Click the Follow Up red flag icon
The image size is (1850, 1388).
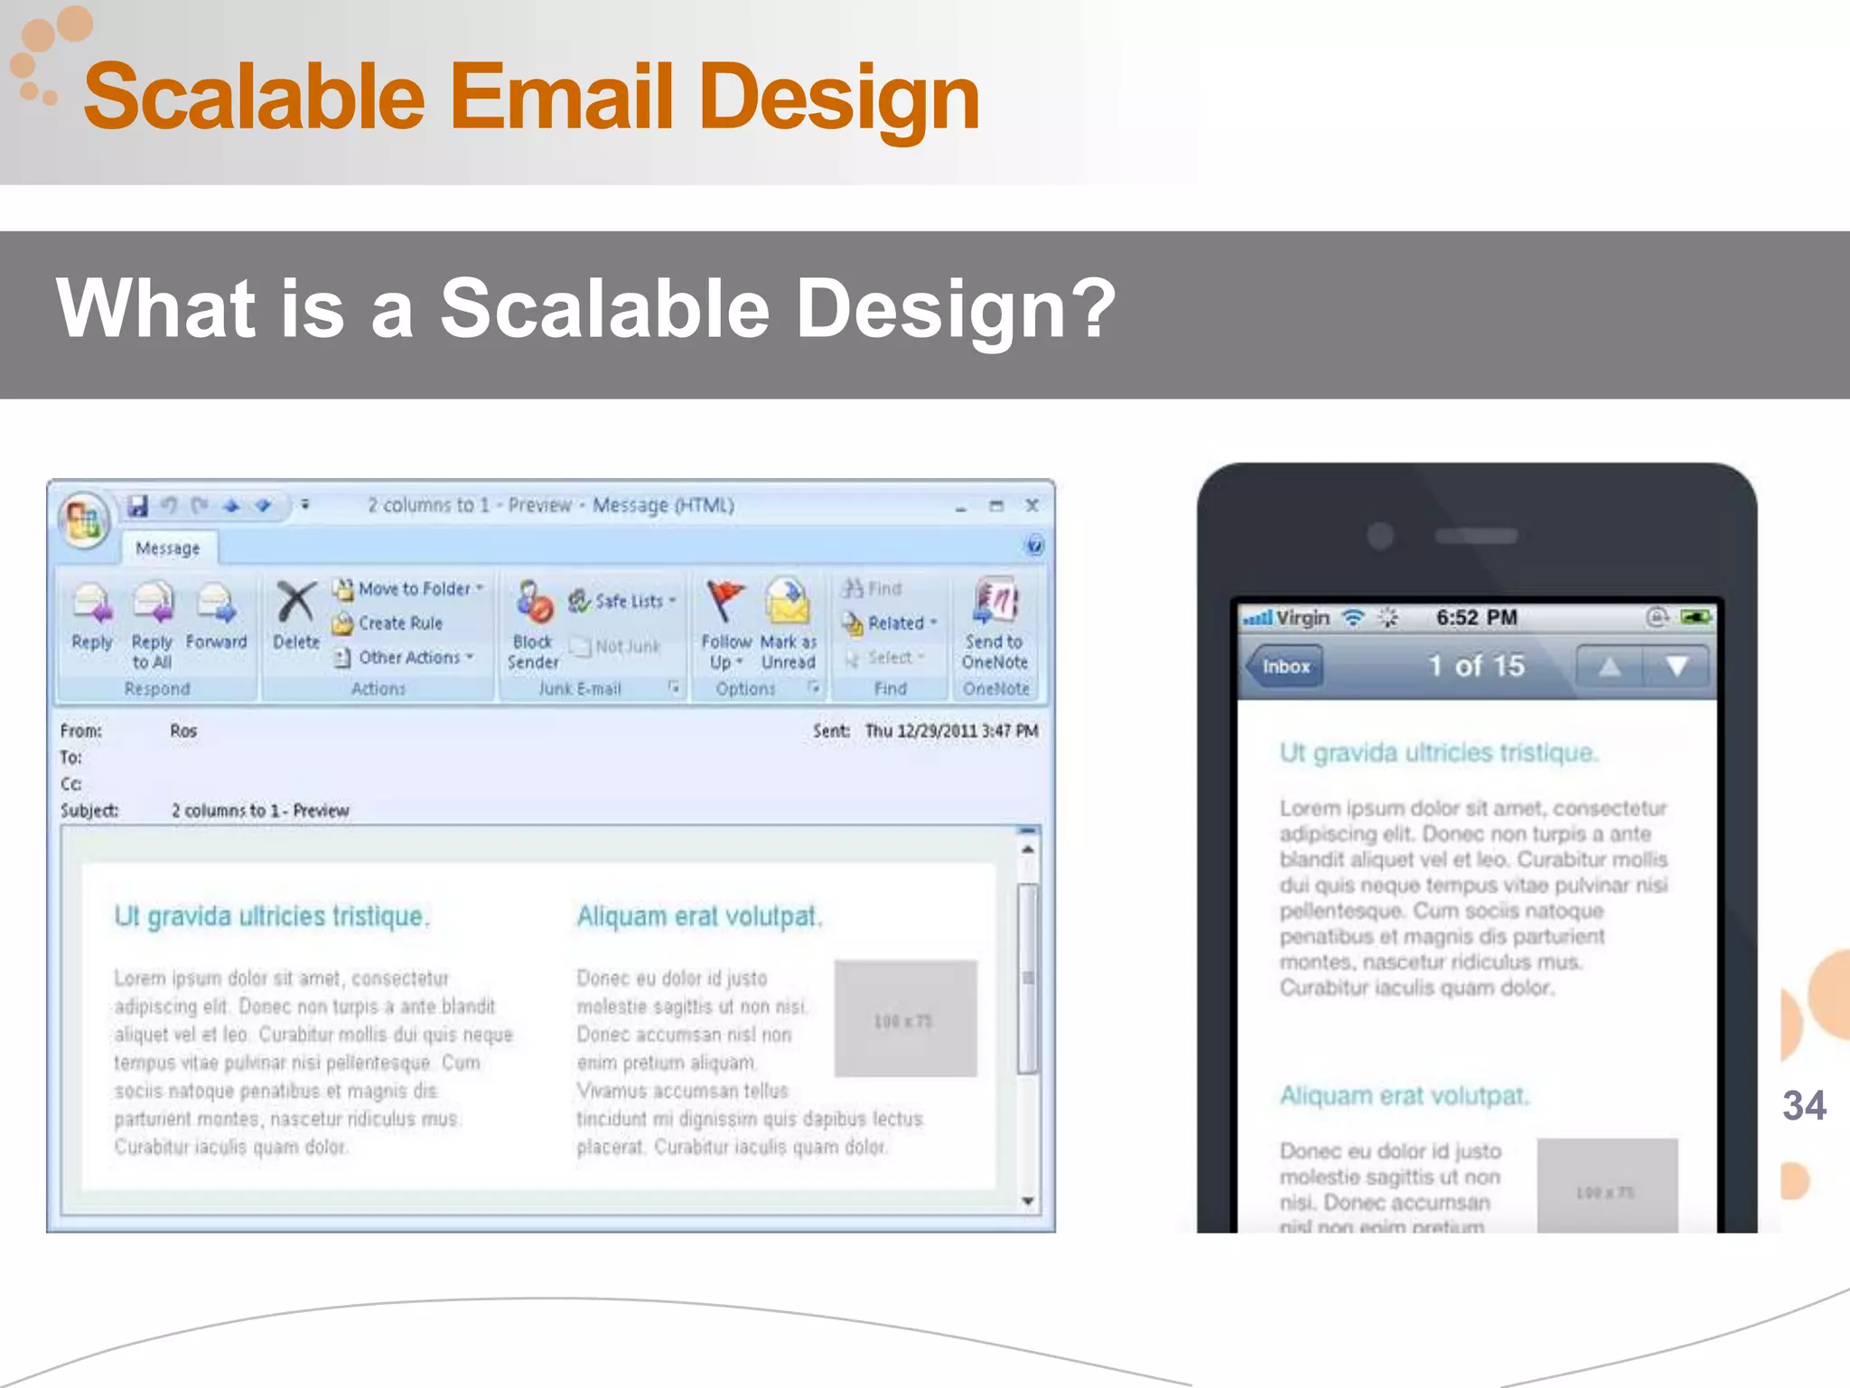pyautogui.click(x=725, y=601)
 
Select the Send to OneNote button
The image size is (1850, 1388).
pyautogui.click(x=995, y=624)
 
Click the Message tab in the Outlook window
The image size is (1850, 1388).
pyautogui.click(x=168, y=549)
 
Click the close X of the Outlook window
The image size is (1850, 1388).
pyautogui.click(x=1032, y=505)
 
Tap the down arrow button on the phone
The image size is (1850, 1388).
pyautogui.click(x=1677, y=667)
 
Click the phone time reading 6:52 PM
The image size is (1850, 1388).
pyautogui.click(x=1476, y=617)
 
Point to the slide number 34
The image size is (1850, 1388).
pyautogui.click(x=1804, y=1105)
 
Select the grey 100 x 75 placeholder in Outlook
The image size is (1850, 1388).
pyautogui.click(x=905, y=1019)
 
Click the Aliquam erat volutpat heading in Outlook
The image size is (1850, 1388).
pyautogui.click(x=699, y=916)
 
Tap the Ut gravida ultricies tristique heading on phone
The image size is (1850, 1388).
pyautogui.click(x=1438, y=753)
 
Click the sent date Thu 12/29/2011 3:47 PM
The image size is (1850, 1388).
pyautogui.click(x=951, y=731)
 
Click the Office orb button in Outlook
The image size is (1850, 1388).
pyautogui.click(x=84, y=520)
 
